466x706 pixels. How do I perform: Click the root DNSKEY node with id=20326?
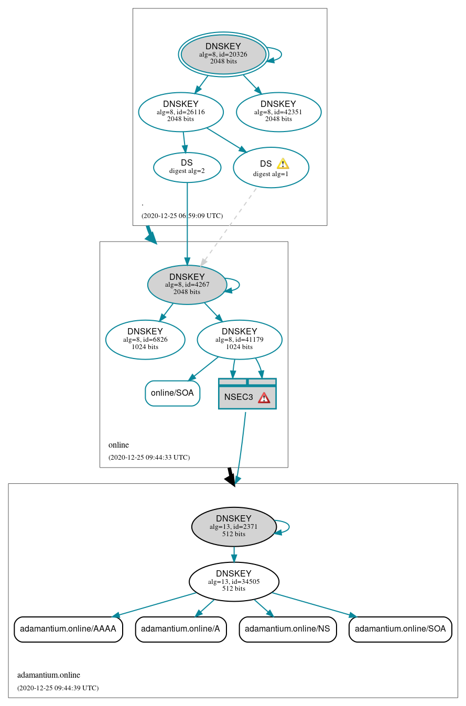point(223,54)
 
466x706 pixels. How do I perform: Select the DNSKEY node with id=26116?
point(181,112)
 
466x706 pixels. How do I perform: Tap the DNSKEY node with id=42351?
point(278,112)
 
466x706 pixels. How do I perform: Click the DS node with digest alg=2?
point(187,167)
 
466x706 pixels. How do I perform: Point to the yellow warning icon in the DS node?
point(283,164)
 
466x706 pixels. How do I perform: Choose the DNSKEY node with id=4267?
point(187,285)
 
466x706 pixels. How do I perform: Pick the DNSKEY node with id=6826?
point(145,339)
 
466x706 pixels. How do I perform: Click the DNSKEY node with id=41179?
point(240,339)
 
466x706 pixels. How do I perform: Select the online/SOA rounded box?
point(172,393)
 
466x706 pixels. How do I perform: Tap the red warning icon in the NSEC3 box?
point(264,397)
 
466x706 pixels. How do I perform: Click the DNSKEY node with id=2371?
point(234,526)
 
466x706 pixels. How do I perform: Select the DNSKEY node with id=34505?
point(234,581)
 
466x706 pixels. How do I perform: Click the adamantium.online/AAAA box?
point(68,629)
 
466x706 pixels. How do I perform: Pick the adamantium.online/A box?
point(181,629)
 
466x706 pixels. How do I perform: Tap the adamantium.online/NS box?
point(288,629)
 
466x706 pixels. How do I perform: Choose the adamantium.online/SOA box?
point(400,629)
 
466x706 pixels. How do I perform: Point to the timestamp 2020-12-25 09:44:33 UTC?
point(149,457)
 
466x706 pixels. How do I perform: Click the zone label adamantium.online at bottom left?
point(49,675)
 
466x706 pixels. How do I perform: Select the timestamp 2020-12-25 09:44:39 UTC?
point(58,688)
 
